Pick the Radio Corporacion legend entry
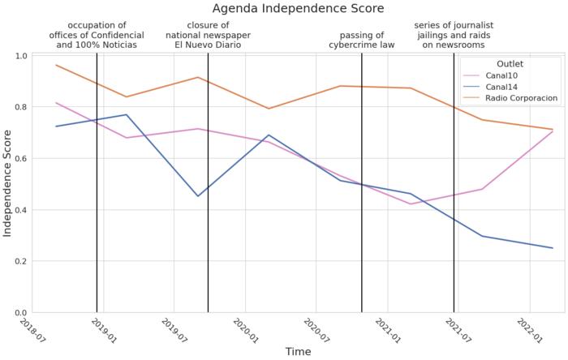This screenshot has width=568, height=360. click(520, 98)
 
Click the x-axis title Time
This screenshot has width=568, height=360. click(298, 352)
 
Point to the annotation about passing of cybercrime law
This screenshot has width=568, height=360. click(362, 40)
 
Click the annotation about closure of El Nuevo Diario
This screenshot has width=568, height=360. click(208, 35)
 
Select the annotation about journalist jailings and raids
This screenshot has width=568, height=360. click(454, 35)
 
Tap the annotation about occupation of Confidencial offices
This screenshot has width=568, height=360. click(97, 35)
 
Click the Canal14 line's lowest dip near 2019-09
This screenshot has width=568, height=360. click(198, 196)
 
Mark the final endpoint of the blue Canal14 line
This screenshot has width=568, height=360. click(553, 248)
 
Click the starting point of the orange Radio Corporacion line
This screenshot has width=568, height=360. click(55, 65)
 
